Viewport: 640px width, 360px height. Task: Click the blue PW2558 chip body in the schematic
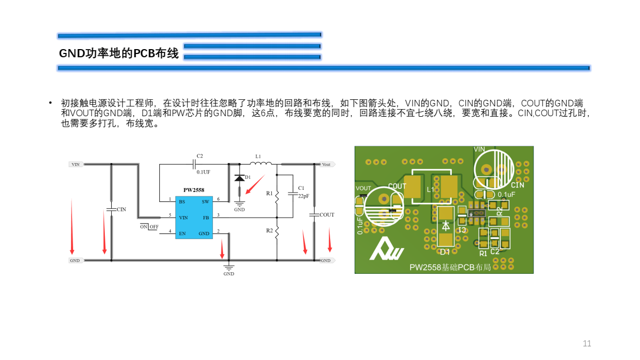tap(193, 218)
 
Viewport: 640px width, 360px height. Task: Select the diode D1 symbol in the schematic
tap(239, 178)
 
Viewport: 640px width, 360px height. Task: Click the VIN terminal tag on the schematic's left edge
tap(76, 164)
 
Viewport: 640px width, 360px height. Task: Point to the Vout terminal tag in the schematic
tap(326, 164)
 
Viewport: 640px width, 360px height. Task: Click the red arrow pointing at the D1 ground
tap(254, 184)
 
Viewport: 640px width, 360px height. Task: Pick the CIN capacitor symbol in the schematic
tap(111, 209)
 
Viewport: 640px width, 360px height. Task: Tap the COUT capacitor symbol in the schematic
tap(314, 215)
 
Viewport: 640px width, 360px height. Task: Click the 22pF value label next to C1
tap(303, 196)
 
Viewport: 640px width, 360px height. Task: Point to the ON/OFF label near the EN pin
tap(149, 226)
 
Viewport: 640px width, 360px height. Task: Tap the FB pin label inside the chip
tap(206, 217)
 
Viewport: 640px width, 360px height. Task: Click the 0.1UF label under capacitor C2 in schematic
tap(203, 172)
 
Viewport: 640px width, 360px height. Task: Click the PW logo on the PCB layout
tap(386, 249)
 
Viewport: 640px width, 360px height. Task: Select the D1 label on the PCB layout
tap(445, 252)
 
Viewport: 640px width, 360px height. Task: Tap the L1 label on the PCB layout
tap(430, 190)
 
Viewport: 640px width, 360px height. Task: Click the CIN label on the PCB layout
tap(517, 185)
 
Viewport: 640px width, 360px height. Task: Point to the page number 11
tap(587, 344)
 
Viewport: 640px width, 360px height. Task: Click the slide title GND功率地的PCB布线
tap(119, 53)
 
